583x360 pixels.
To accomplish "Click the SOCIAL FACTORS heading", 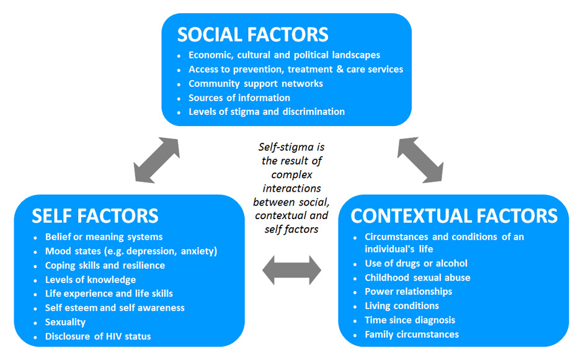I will click(x=252, y=34).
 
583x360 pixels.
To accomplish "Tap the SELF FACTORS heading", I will click(x=95, y=215).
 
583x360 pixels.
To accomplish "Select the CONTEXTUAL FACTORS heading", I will click(x=454, y=215).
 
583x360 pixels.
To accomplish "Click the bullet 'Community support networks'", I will click(x=256, y=83).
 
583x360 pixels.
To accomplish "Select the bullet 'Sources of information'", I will click(x=239, y=97).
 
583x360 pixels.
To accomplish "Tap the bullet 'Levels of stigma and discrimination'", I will click(x=267, y=112).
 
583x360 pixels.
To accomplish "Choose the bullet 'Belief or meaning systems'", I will click(x=104, y=236).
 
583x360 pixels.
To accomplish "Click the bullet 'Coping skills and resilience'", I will click(x=105, y=265).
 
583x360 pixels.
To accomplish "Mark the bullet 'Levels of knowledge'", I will click(x=91, y=279).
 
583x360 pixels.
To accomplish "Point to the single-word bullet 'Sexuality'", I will click(x=65, y=322).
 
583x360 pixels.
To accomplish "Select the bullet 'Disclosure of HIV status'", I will click(x=98, y=336).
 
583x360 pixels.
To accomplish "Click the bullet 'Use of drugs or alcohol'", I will click(x=416, y=263).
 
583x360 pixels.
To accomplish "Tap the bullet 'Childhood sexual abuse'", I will click(x=417, y=277).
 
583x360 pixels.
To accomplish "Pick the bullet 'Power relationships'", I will click(x=408, y=291).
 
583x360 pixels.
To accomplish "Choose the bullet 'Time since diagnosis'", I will click(x=410, y=320).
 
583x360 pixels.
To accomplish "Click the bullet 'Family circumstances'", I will click(x=412, y=335).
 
